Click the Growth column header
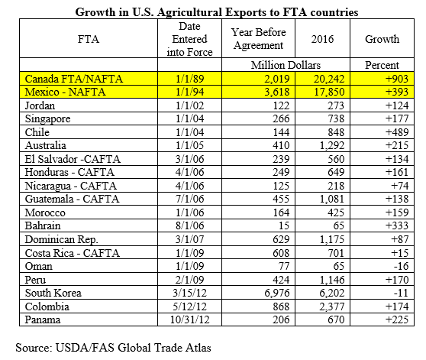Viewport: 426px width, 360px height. click(x=382, y=39)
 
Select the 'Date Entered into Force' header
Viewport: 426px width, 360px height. click(x=189, y=39)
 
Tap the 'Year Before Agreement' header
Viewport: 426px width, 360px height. click(x=258, y=39)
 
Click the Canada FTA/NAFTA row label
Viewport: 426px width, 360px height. click(x=74, y=79)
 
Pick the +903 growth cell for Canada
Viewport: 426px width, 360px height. click(x=397, y=79)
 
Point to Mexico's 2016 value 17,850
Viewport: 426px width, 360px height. click(x=329, y=92)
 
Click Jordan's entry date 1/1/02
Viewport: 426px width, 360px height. click(x=189, y=105)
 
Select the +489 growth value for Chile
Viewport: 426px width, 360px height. click(x=397, y=132)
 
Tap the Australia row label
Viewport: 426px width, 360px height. click(x=45, y=145)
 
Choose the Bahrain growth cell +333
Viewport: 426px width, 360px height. click(x=397, y=225)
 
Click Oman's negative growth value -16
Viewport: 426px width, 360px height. click(x=401, y=266)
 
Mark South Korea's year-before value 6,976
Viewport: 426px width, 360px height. click(x=277, y=293)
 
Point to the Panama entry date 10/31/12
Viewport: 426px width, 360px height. click(x=189, y=319)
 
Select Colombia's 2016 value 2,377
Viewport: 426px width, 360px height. click(x=332, y=306)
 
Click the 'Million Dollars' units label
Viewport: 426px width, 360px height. click(x=286, y=65)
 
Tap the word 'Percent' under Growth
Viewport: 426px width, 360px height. click(x=382, y=65)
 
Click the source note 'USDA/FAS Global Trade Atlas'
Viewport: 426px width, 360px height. click(x=133, y=348)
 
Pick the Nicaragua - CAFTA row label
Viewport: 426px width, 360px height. click(x=71, y=186)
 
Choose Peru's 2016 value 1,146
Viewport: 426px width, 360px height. click(x=332, y=280)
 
